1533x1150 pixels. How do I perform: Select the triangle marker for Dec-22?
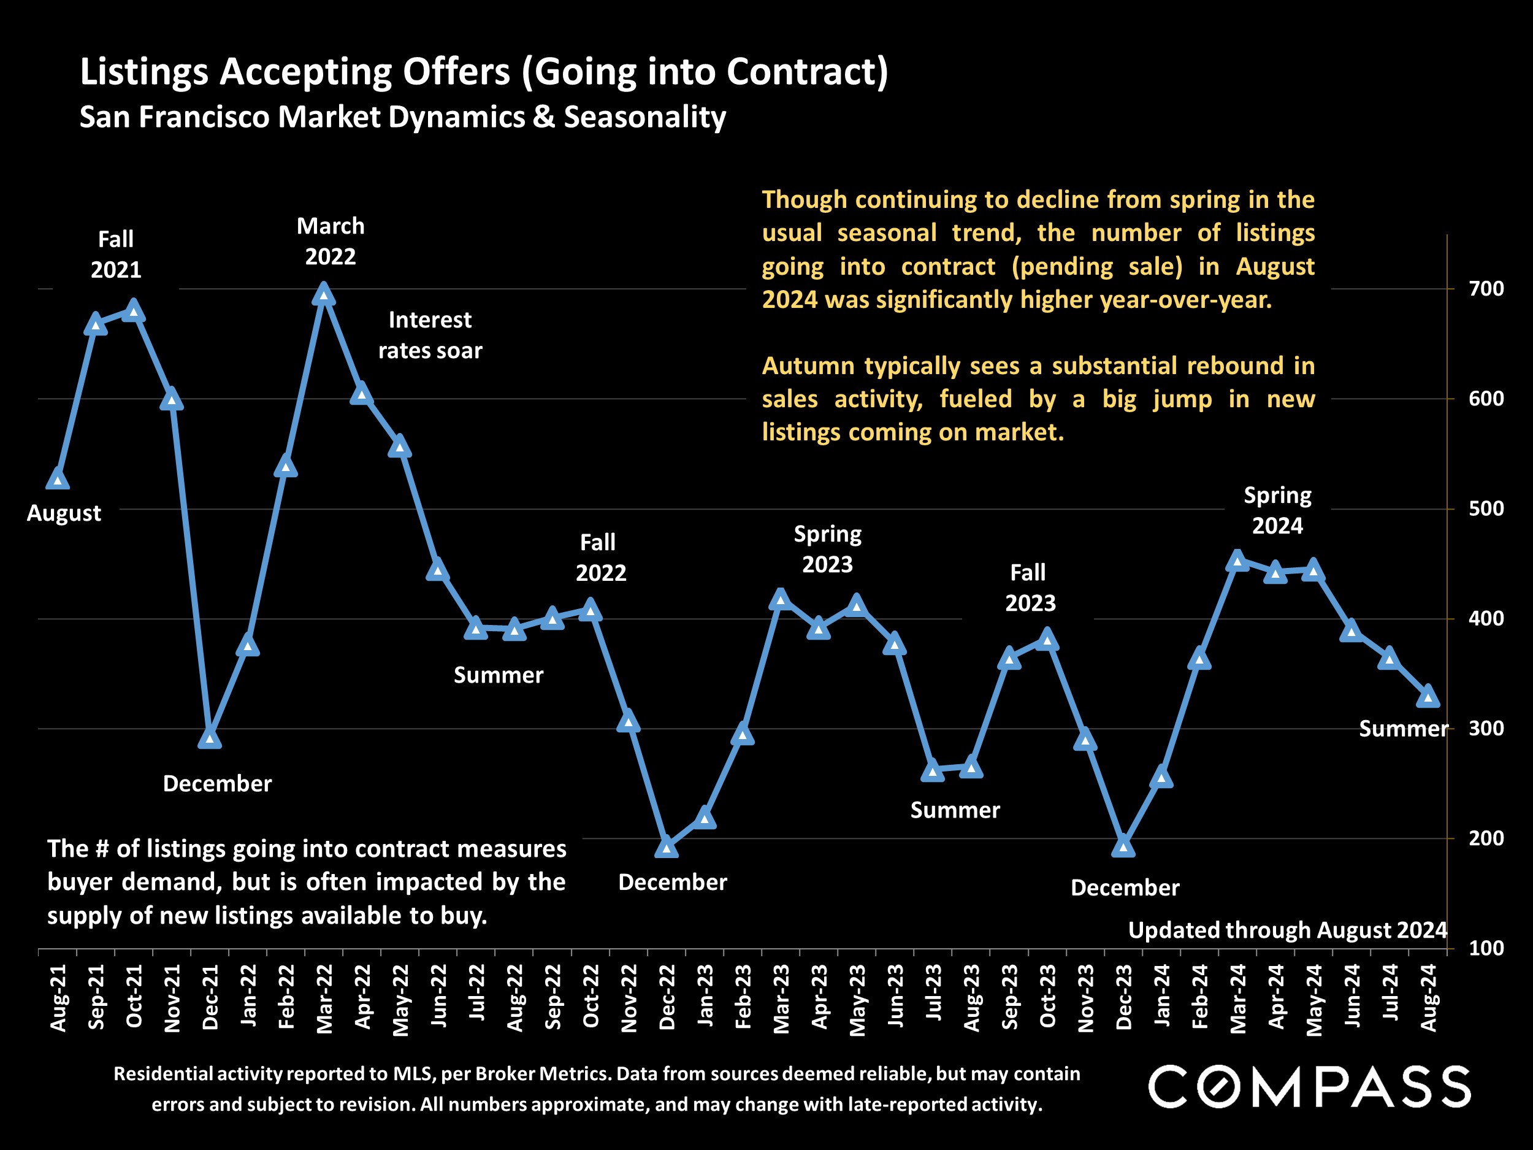pos(666,847)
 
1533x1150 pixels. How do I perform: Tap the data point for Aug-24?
pos(1428,697)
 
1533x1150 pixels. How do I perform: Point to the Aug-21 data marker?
pos(58,479)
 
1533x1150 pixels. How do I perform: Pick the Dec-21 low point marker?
pos(210,739)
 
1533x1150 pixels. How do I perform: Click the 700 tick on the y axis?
pos(1486,288)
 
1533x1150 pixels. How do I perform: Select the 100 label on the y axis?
pos(1486,948)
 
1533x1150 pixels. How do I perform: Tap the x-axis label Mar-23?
pos(782,998)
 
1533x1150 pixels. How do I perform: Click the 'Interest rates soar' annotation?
pos(430,335)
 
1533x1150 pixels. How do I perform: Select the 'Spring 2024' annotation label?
pos(1277,510)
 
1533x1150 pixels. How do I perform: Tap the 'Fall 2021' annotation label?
pos(116,255)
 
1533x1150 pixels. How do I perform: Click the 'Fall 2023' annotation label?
pos(1030,588)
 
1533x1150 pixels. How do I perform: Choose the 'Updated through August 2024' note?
pos(1287,930)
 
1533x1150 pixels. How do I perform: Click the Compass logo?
pos(1310,1087)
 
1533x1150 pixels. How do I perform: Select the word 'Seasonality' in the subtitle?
pos(644,117)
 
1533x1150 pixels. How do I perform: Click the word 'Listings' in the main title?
pos(144,71)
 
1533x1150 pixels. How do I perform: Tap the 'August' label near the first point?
pos(64,513)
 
